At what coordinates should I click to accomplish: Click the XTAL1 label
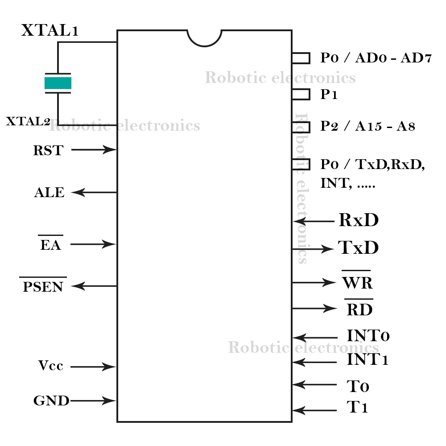[50, 30]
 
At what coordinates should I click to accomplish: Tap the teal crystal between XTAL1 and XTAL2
[58, 83]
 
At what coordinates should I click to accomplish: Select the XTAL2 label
[28, 121]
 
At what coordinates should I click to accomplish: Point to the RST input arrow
[94, 150]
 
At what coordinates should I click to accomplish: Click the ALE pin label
[49, 193]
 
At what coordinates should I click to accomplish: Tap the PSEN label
[43, 286]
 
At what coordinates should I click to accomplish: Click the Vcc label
[50, 366]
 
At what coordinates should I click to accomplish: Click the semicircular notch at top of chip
[204, 37]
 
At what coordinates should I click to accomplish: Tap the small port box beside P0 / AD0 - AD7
[301, 58]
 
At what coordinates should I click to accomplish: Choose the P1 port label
[329, 95]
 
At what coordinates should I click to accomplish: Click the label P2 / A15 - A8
[368, 126]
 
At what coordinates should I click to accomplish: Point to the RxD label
[359, 220]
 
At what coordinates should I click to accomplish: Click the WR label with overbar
[357, 283]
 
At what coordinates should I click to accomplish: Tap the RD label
[359, 309]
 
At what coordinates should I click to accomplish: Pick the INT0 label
[368, 336]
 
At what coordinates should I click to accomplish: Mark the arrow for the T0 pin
[314, 384]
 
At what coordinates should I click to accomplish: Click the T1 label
[357, 408]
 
